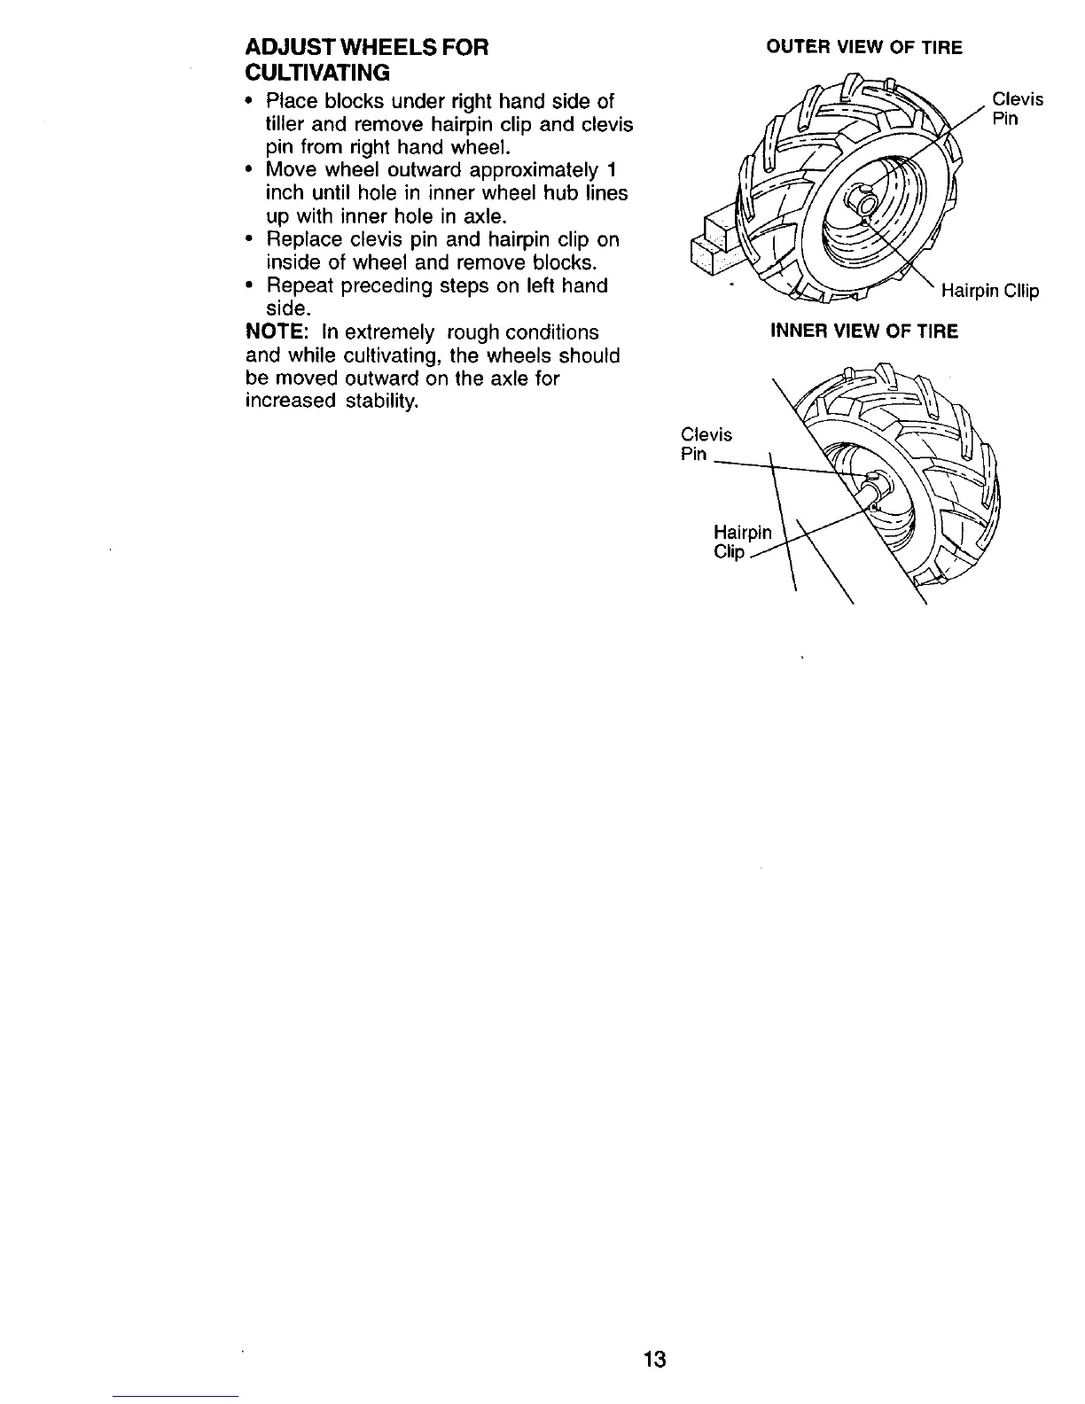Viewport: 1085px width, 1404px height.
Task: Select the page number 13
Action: (655, 1359)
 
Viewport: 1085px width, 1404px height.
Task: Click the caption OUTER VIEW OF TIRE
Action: (863, 48)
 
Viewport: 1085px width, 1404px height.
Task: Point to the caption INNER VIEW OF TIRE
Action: (864, 331)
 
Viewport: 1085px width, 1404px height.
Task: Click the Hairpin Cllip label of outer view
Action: (989, 291)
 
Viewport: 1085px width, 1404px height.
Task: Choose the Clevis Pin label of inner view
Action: (706, 444)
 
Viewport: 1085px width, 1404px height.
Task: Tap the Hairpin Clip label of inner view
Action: (742, 542)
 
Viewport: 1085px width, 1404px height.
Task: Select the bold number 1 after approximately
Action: (623, 170)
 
